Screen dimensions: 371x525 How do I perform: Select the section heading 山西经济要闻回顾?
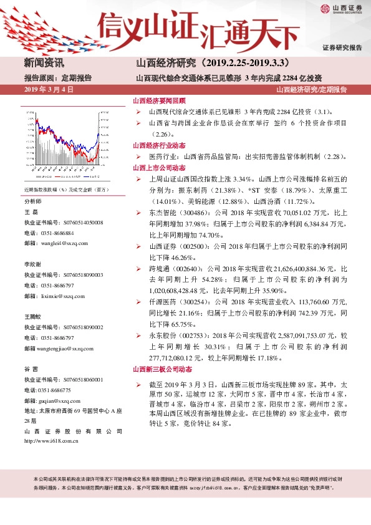click(x=159, y=100)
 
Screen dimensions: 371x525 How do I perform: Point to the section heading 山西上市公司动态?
click(x=159, y=168)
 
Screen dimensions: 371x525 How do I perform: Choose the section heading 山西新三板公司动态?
click(x=163, y=370)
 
